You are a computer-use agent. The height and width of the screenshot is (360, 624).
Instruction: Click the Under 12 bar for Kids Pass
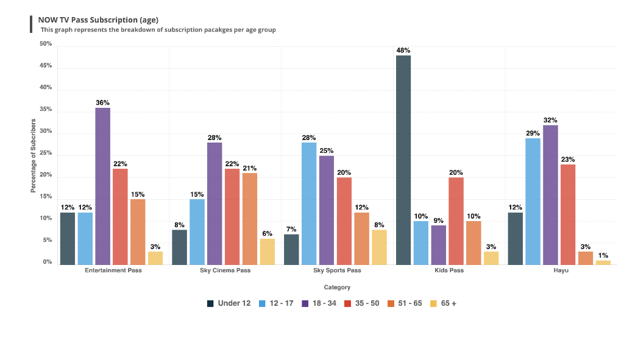point(403,160)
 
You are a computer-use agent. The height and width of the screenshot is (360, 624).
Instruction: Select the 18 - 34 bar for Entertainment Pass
point(102,186)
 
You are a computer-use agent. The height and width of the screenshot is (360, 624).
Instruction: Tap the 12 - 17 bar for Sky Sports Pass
point(309,203)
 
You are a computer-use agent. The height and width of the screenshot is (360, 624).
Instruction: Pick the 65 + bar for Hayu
point(603,263)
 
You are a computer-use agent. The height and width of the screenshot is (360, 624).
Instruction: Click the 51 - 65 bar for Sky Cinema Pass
point(250,219)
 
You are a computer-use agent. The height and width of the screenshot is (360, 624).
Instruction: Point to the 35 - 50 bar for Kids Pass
point(456,221)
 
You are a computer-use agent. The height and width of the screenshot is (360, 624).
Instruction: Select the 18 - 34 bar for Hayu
point(550,195)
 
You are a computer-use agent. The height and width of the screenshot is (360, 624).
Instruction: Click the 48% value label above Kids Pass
point(403,50)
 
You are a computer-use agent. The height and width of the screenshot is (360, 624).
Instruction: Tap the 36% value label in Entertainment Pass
point(102,102)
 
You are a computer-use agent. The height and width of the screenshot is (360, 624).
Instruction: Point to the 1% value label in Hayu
point(603,255)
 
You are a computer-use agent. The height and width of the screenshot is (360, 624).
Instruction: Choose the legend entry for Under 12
point(229,303)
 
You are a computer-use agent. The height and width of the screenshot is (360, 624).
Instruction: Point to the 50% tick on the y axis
point(46,44)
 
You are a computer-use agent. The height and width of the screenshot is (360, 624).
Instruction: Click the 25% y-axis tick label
point(46,154)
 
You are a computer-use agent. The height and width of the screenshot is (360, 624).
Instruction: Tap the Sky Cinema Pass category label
point(225,270)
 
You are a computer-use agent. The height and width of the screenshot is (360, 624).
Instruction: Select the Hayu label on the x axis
point(561,270)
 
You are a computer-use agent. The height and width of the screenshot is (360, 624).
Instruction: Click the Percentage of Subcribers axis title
point(34,156)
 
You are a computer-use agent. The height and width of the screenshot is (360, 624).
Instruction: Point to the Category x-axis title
point(337,287)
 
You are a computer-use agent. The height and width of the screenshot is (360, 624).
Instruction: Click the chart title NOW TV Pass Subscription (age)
point(98,19)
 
